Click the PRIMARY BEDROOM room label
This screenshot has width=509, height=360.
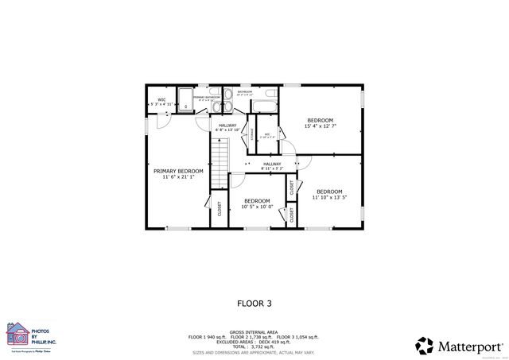[x=179, y=171]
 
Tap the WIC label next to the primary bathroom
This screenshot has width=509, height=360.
[x=161, y=100]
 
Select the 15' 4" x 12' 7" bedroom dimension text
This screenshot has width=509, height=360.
[x=320, y=126]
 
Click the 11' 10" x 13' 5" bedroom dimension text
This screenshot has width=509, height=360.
[x=328, y=198]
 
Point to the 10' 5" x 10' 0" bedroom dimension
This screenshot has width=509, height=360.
[x=256, y=207]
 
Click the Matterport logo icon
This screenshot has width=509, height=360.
[x=424, y=345]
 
